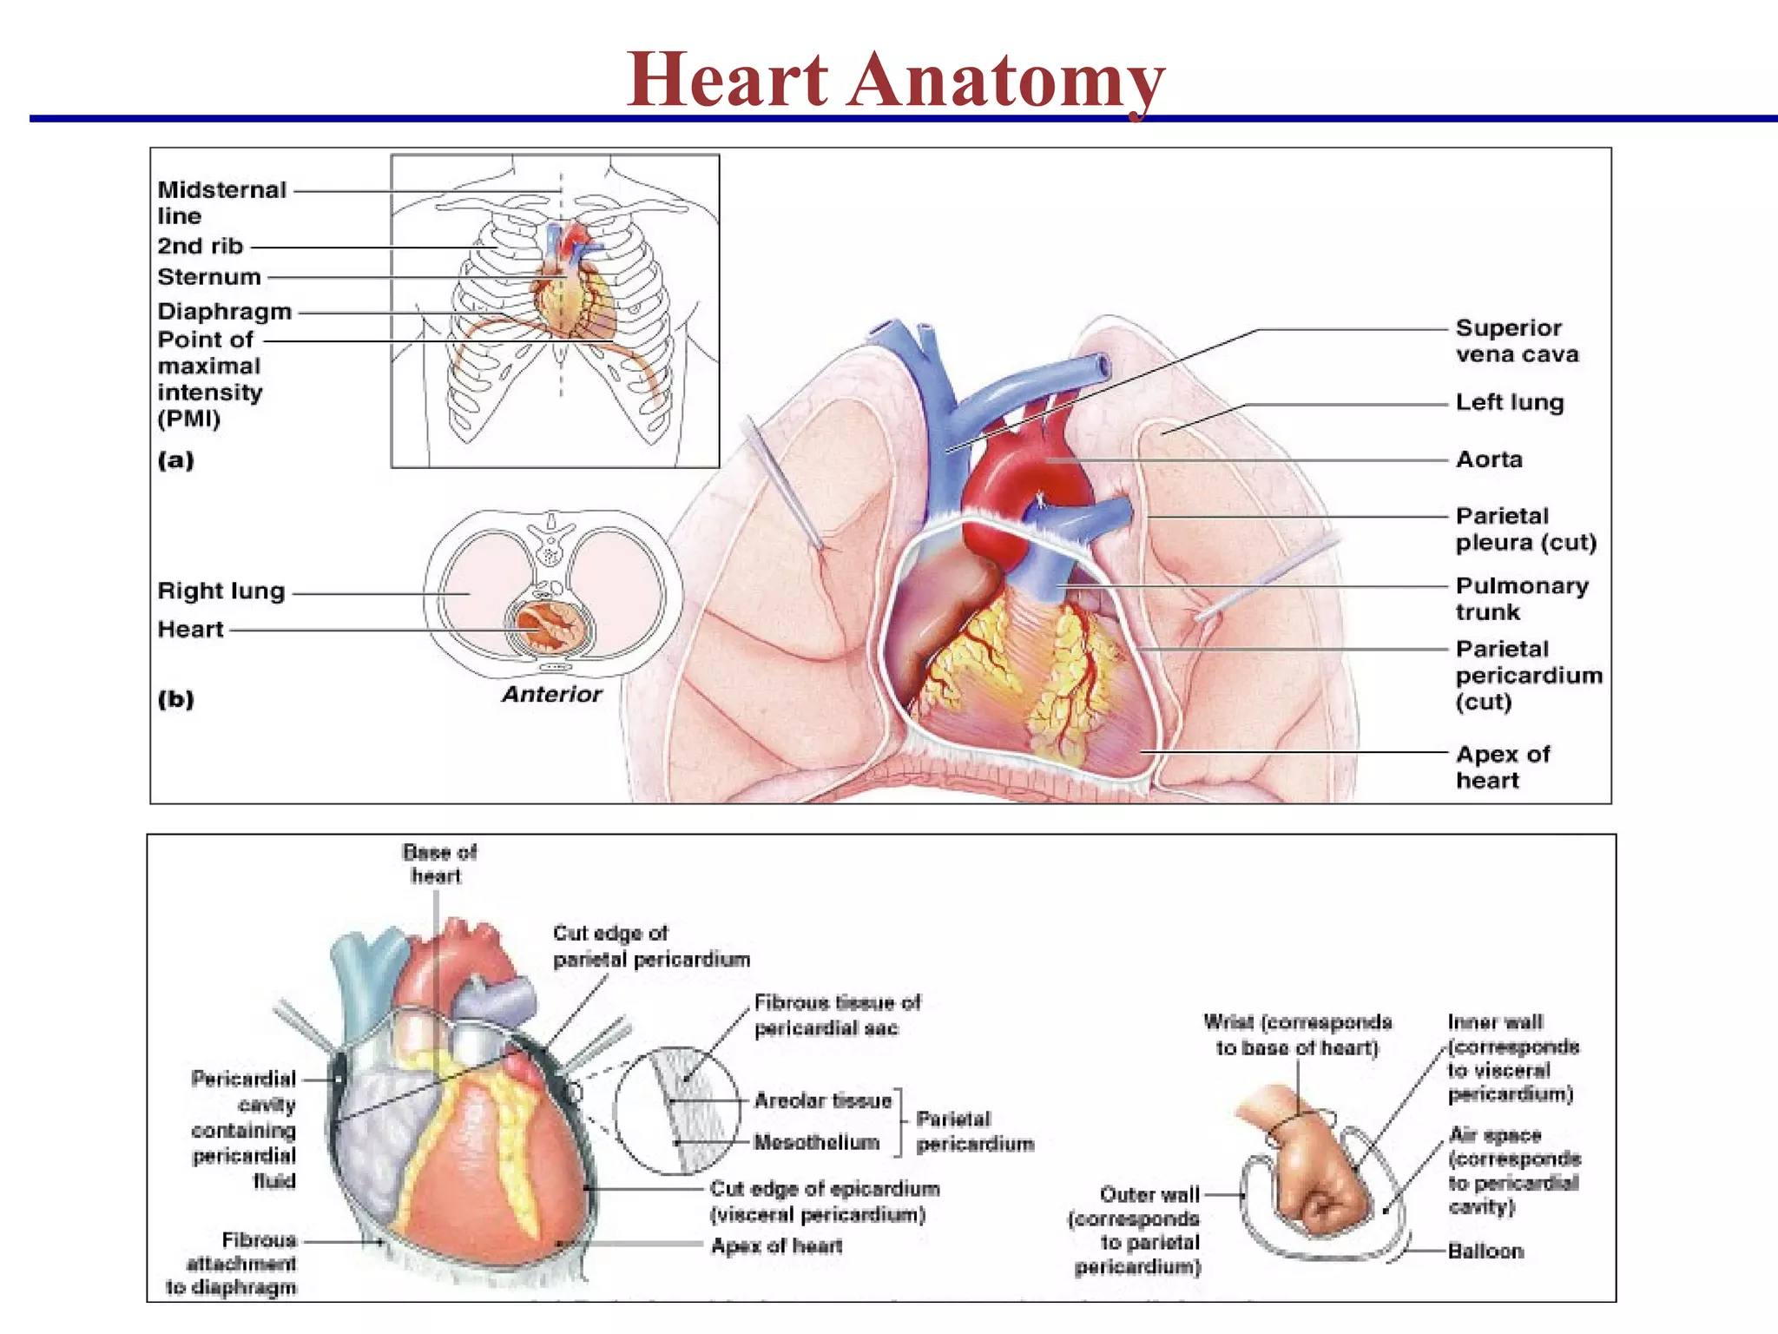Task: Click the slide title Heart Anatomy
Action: pos(895,80)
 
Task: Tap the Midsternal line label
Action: pos(221,202)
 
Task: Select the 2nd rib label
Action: pos(201,247)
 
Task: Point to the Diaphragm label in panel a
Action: pos(224,312)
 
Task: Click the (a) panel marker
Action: pos(175,459)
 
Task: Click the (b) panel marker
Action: pos(175,699)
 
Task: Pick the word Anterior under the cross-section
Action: pos(552,694)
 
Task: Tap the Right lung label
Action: pos(221,591)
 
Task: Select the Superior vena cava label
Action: pos(1517,341)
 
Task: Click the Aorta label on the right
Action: pos(1489,459)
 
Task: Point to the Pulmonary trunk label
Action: pos(1521,598)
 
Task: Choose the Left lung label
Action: pos(1510,403)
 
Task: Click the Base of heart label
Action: pos(439,863)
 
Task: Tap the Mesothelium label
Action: pos(816,1143)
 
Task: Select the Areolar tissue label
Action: pos(823,1101)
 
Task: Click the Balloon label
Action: pos(1485,1251)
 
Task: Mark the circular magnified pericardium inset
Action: pos(677,1112)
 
